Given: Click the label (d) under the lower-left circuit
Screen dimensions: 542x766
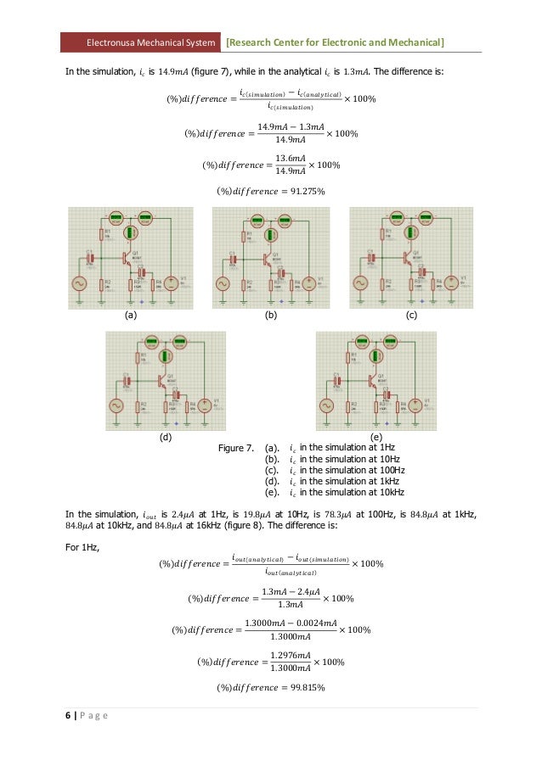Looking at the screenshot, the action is tap(166, 438).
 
